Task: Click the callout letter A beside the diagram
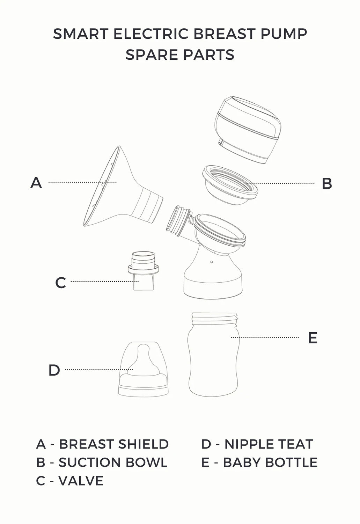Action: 36,182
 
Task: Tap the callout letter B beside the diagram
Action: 327,183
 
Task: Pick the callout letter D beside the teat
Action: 54,370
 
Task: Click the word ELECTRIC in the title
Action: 151,34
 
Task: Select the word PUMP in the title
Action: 284,34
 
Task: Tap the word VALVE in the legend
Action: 81,481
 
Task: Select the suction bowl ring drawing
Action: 230,185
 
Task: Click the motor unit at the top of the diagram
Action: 248,130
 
